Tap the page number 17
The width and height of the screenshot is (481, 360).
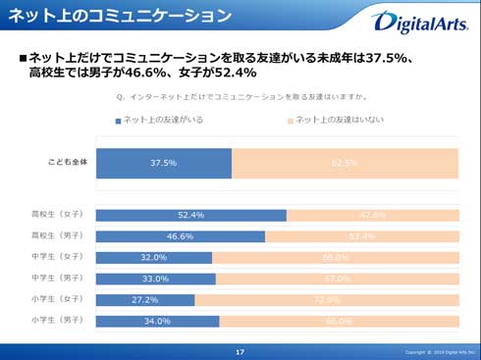[240, 351]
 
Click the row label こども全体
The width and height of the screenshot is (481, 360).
[67, 162]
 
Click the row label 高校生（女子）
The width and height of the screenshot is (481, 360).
[57, 214]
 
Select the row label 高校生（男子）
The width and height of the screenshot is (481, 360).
[57, 235]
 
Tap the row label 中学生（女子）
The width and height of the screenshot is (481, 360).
[57, 257]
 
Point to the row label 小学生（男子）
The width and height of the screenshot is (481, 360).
[57, 320]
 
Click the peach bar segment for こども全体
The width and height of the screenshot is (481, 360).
[345, 163]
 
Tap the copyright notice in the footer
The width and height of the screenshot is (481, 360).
[439, 351]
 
